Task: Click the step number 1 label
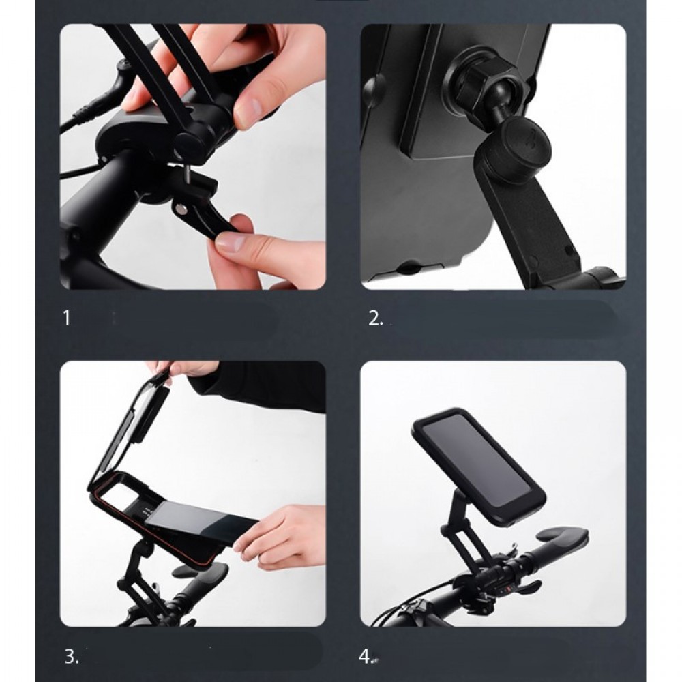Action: click(x=66, y=318)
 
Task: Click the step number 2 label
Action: click(x=376, y=318)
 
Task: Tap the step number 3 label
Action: click(x=72, y=656)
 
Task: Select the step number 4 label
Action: click(x=366, y=656)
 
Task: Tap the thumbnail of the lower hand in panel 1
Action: click(x=230, y=242)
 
